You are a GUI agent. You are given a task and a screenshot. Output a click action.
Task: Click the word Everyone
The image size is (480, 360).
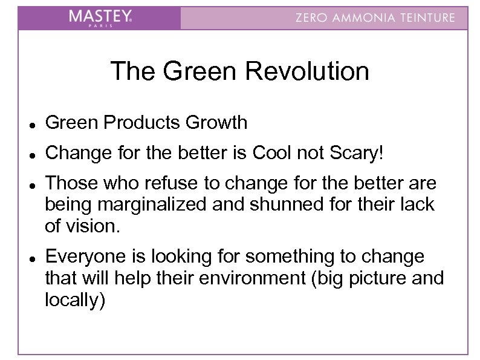coord(85,257)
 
